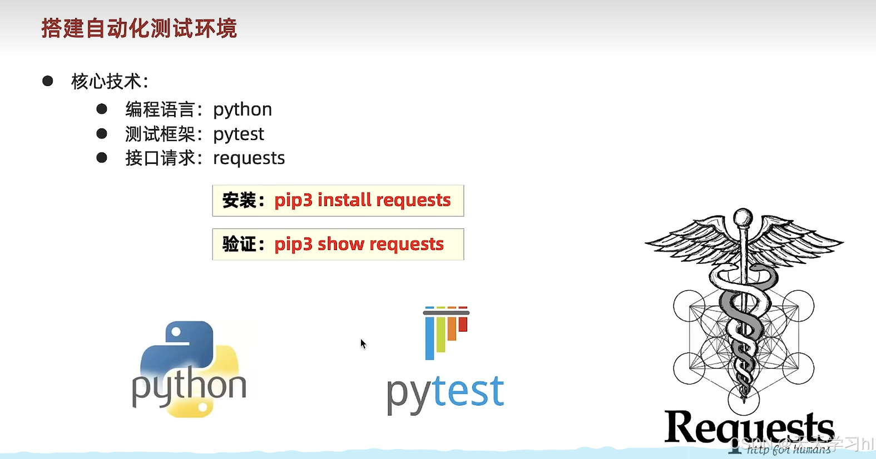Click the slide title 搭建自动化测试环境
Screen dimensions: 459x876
tap(139, 28)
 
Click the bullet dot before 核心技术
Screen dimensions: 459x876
tap(48, 81)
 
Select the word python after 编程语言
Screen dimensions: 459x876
tap(242, 109)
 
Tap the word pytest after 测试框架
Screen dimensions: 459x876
tap(239, 134)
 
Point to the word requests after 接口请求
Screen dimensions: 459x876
tap(249, 158)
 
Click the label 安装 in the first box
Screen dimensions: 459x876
tap(239, 200)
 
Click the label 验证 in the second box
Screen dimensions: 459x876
tap(239, 244)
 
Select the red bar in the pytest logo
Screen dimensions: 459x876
tap(463, 324)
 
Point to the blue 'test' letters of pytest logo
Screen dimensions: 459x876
tap(468, 392)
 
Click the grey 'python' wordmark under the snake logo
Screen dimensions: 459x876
tap(189, 385)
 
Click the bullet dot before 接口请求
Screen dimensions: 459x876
tap(102, 158)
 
